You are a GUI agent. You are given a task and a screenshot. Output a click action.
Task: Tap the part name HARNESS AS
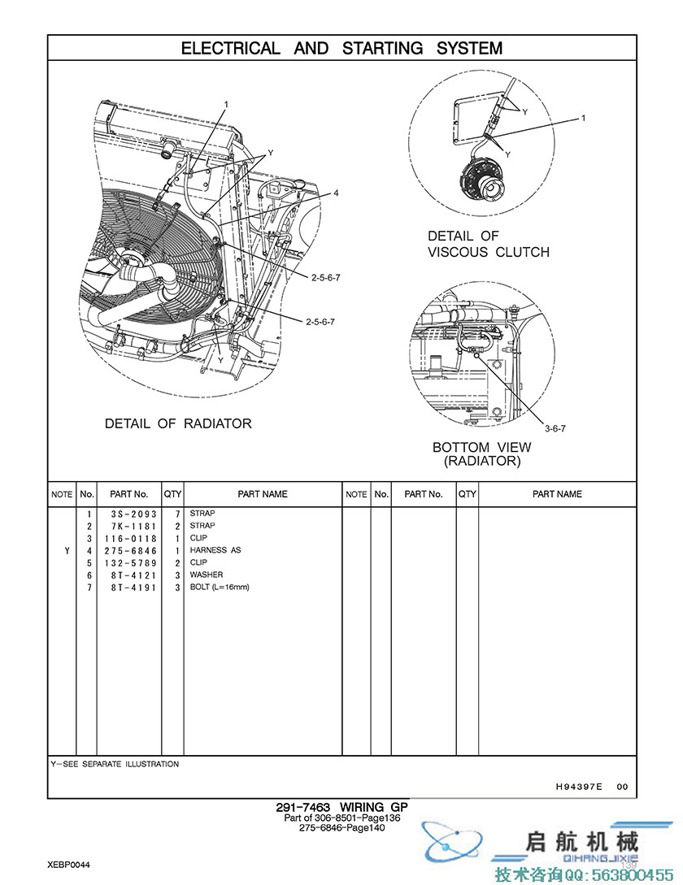pos(215,551)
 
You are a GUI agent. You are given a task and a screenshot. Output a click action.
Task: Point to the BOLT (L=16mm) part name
pos(220,588)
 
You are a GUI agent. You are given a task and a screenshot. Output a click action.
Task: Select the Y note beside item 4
pos(67,551)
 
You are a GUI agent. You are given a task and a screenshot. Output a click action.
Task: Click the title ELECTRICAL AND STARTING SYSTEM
pos(341,49)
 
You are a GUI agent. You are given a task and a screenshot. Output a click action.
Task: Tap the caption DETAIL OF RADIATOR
pos(178,423)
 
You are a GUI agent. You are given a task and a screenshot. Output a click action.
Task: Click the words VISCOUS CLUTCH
pos(489,252)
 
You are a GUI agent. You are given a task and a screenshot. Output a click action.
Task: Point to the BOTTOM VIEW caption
pos(481,447)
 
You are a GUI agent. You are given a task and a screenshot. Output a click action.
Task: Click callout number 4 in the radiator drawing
pos(335,193)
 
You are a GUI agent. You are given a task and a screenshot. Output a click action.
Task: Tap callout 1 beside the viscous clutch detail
pos(583,118)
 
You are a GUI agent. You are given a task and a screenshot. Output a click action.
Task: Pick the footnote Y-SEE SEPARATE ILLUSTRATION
pos(115,765)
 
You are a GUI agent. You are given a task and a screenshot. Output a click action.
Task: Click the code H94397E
pos(579,787)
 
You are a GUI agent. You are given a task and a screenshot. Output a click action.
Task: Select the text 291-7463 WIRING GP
pos(341,808)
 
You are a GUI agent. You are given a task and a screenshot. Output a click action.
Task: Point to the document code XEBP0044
pos(68,865)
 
